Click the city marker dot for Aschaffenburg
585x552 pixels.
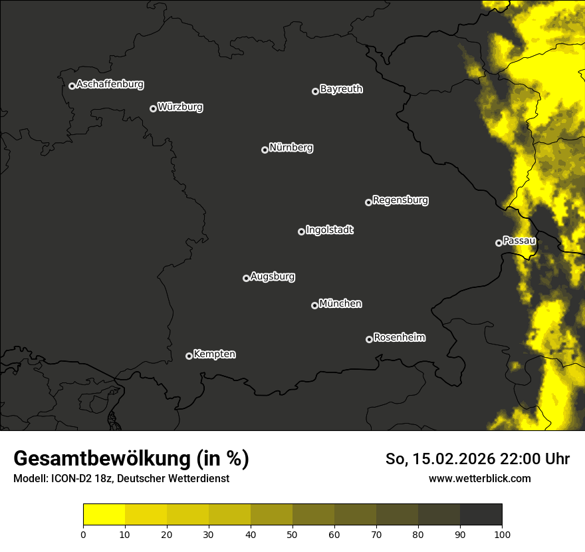(x=72, y=86)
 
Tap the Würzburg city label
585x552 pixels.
(x=180, y=107)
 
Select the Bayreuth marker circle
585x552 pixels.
(x=315, y=91)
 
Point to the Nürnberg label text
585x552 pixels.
(x=291, y=148)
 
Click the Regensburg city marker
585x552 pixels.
(x=368, y=202)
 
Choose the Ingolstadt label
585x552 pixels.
(x=330, y=230)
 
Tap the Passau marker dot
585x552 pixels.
(x=499, y=243)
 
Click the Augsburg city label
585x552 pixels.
(x=273, y=277)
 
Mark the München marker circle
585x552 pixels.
(x=314, y=305)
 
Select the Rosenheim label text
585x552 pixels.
(x=400, y=338)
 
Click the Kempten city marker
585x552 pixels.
(x=189, y=356)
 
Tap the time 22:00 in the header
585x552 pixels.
(x=525, y=459)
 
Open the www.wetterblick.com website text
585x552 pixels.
(x=479, y=478)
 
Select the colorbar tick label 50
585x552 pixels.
(x=292, y=533)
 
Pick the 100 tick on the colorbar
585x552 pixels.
(x=502, y=533)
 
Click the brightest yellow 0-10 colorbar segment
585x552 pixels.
(x=104, y=515)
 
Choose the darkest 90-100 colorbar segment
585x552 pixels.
(x=481, y=515)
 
